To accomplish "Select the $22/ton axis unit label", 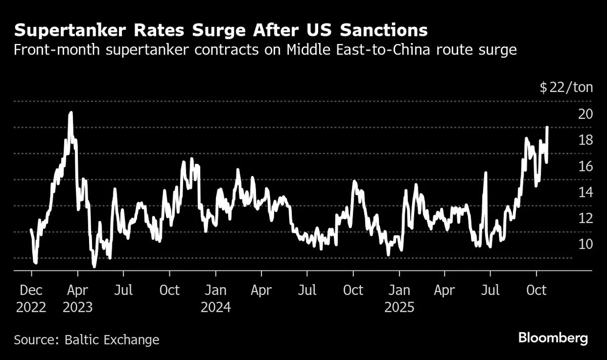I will [x=566, y=87].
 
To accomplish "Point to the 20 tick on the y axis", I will [x=585, y=114].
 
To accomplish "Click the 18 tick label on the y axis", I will [x=585, y=140].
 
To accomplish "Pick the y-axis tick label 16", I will [x=585, y=166].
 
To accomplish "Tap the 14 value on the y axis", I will [x=585, y=193].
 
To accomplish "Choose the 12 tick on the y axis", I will [x=585, y=219].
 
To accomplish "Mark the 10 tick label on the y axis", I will [x=585, y=245].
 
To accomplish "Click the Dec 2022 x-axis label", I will [x=31, y=298].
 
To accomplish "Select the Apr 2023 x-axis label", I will [x=77, y=298].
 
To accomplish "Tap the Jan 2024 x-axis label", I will [x=215, y=298].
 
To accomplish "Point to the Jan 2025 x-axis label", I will [x=399, y=298].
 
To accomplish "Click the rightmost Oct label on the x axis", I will [x=537, y=290].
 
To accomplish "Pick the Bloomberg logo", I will [x=552, y=338].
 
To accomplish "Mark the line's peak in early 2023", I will [x=71, y=113].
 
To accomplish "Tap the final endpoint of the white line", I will [x=547, y=127].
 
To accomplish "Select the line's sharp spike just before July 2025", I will [x=486, y=173].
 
